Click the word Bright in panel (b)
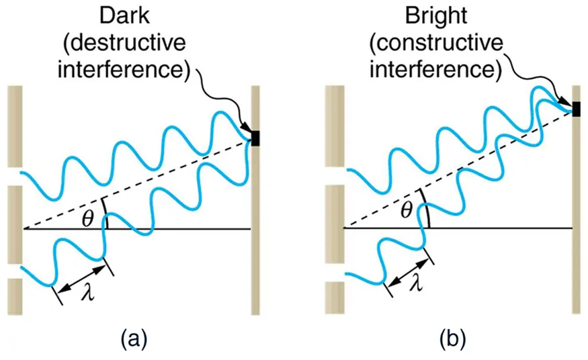[435, 15]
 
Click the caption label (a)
[133, 338]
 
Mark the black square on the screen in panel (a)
[255, 138]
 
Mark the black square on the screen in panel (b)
[576, 109]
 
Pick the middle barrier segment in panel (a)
[15, 224]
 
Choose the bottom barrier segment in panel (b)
[334, 298]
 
